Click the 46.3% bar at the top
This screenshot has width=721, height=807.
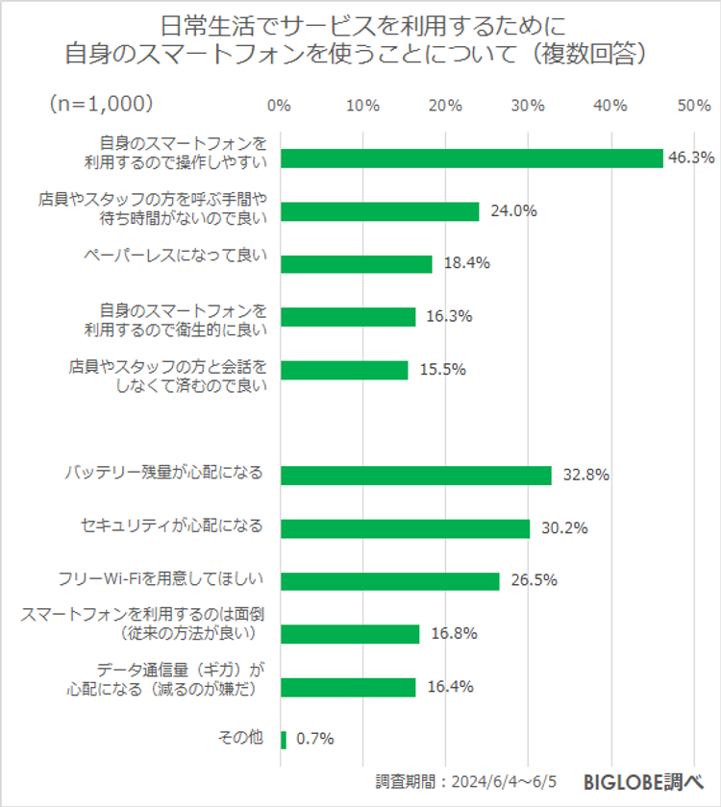pyautogui.click(x=471, y=159)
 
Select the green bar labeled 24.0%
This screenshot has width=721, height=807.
pyautogui.click(x=379, y=211)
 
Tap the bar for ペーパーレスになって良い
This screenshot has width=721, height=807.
pyautogui.click(x=356, y=264)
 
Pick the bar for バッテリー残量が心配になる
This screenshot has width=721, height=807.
pyautogui.click(x=415, y=475)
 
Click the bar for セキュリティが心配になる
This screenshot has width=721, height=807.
pyautogui.click(x=405, y=528)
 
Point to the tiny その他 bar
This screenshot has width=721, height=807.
pyautogui.click(x=284, y=739)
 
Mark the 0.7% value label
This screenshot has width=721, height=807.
pyautogui.click(x=315, y=739)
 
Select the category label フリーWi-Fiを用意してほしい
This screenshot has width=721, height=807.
pyautogui.click(x=162, y=580)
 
